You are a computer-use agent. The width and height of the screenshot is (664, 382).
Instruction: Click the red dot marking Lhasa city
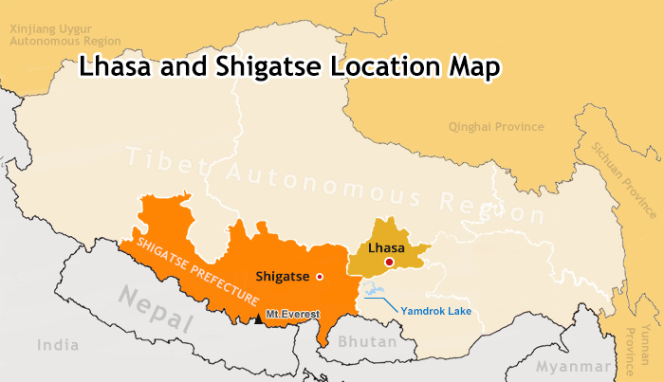click(x=388, y=262)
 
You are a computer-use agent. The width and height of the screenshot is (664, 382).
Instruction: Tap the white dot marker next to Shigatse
click(x=320, y=277)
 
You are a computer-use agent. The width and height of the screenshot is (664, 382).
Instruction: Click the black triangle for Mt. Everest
click(x=258, y=318)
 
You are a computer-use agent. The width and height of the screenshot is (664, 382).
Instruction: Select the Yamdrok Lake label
click(x=436, y=311)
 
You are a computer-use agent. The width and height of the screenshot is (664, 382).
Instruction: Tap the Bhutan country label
click(x=363, y=339)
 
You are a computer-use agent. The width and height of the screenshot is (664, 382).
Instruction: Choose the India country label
click(x=58, y=346)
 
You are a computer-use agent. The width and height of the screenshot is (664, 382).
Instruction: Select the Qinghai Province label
click(x=497, y=127)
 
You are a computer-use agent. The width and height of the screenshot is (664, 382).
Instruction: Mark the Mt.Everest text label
click(x=293, y=314)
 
